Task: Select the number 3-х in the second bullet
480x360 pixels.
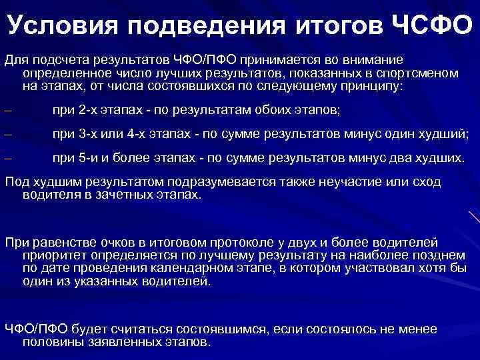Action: click(x=89, y=135)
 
